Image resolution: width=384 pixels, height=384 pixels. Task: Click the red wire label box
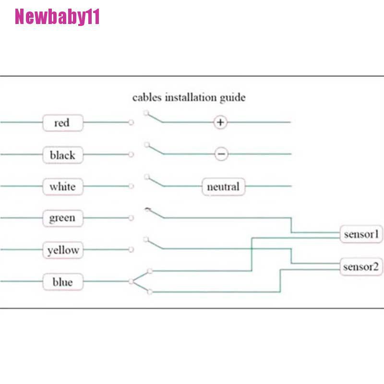click(x=62, y=123)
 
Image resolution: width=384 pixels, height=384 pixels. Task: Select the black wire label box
click(x=62, y=155)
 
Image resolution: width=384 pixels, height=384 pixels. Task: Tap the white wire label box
click(x=62, y=186)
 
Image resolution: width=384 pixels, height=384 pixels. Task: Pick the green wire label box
click(x=62, y=218)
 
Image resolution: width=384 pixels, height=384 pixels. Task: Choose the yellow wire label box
click(x=62, y=250)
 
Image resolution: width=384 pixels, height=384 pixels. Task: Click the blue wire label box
click(x=62, y=282)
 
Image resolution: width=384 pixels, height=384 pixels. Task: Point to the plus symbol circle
click(x=220, y=122)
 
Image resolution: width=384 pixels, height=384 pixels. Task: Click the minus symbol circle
click(x=221, y=154)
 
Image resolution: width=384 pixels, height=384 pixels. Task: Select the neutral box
click(x=223, y=186)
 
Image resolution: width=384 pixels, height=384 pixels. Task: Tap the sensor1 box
click(x=361, y=235)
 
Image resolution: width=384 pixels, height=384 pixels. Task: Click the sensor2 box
click(x=361, y=266)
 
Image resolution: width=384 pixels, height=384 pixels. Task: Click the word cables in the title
click(x=147, y=97)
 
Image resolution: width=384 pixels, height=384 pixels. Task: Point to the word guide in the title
click(x=232, y=98)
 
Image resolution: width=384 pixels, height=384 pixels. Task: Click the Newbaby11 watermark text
click(x=57, y=18)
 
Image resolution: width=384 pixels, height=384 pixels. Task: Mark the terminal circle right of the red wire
click(x=131, y=123)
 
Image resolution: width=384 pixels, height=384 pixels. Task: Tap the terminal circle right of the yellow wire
click(x=131, y=250)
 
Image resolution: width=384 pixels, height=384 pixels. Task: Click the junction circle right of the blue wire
click(x=131, y=282)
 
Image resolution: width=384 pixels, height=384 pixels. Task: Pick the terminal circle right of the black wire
click(x=131, y=155)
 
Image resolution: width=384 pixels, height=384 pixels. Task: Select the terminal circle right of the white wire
click(x=131, y=186)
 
